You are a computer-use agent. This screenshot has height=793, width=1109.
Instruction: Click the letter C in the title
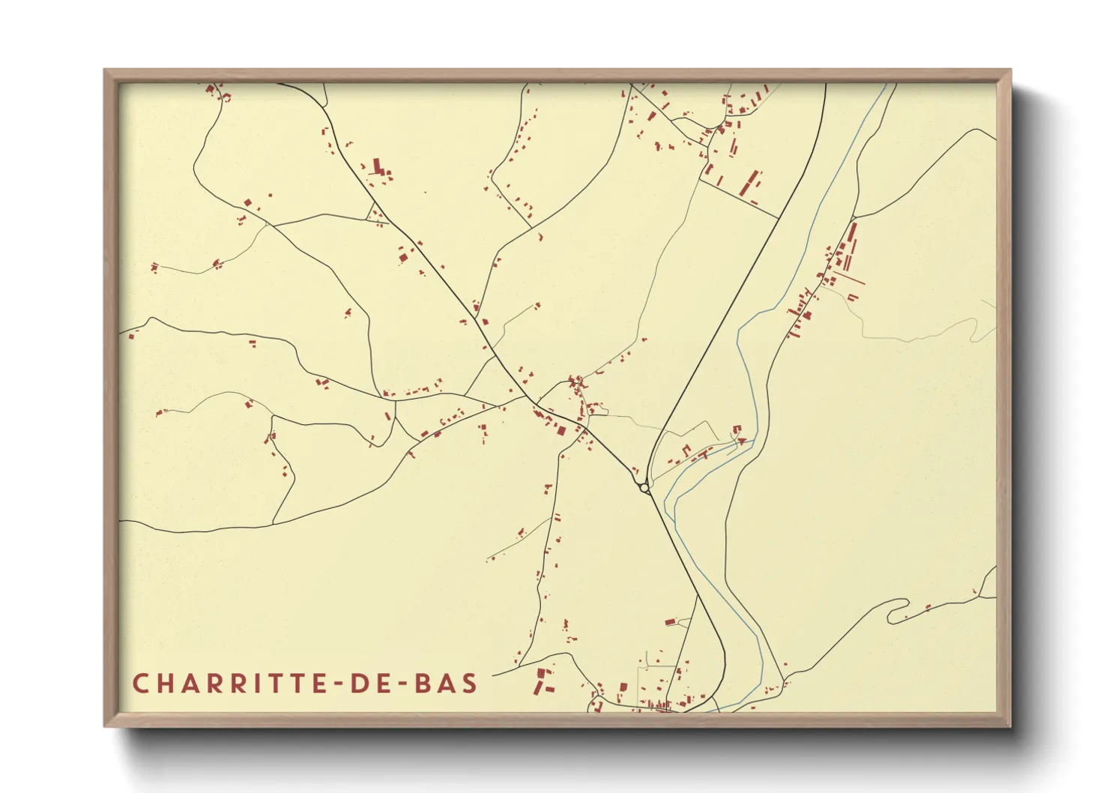pos(140,684)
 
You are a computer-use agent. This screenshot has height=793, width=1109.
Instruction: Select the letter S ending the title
pos(470,684)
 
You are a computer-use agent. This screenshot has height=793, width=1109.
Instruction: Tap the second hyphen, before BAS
pos(393,684)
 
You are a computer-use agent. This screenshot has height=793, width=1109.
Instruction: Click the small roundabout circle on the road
pos(644,488)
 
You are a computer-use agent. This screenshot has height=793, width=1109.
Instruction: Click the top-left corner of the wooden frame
pos(105,70)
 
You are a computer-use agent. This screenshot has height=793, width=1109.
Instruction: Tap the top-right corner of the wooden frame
pos(1010,70)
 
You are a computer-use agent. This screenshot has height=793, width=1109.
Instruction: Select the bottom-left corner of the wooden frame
pos(105,726)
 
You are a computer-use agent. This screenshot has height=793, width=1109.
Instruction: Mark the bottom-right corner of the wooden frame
pos(1010,726)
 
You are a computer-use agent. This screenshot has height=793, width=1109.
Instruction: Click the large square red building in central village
pos(560,429)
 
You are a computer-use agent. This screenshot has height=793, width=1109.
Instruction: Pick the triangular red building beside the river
pos(742,441)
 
